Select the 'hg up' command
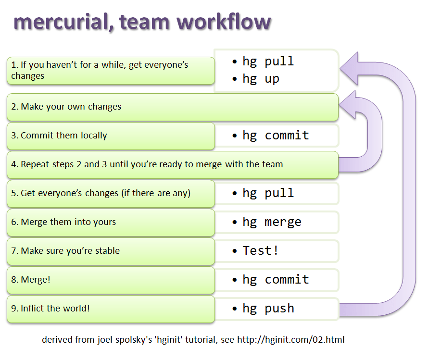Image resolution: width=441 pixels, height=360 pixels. (261, 79)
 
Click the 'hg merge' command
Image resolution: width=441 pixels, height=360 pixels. (272, 222)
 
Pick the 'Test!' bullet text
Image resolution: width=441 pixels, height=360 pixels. (261, 250)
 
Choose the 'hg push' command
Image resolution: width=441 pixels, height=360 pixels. (268, 309)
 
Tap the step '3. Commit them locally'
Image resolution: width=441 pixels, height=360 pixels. (59, 136)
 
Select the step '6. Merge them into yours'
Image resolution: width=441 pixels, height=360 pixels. (63, 222)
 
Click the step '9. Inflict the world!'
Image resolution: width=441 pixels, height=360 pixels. (50, 309)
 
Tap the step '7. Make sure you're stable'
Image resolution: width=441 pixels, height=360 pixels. (65, 251)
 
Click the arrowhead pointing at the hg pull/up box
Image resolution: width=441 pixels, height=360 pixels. (351, 68)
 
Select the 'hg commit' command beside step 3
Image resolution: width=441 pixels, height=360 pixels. (276, 136)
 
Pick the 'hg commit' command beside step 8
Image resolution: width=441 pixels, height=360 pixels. (276, 280)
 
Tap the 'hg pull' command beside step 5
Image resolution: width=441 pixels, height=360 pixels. (268, 193)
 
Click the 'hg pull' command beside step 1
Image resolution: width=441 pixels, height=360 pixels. (268, 62)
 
